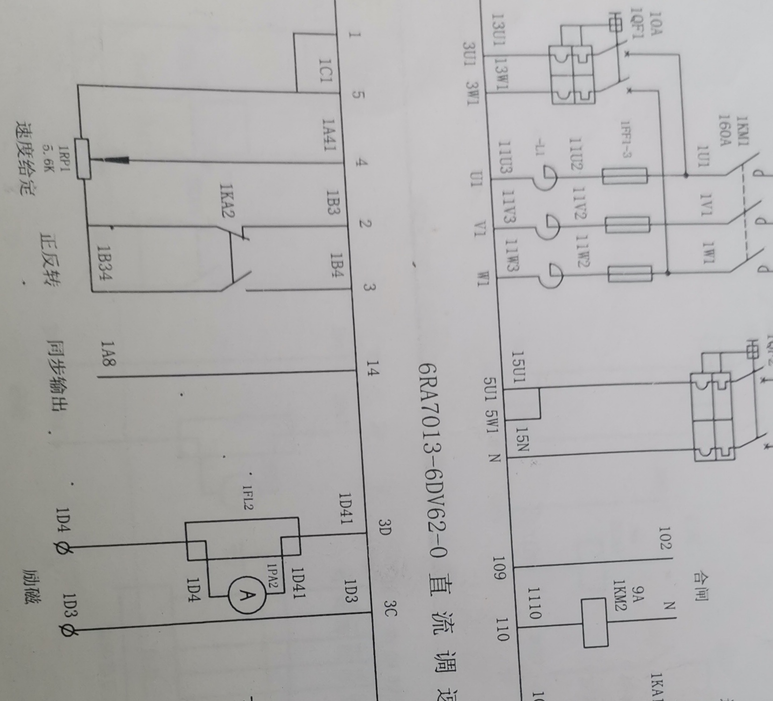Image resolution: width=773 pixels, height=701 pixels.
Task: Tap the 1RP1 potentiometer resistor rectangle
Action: [84, 159]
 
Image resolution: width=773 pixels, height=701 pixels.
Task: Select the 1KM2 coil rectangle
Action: [594, 623]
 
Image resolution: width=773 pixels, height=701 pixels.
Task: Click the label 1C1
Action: [324, 70]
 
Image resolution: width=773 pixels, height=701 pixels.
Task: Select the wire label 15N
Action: [522, 438]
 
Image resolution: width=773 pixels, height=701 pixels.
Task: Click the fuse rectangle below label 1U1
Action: [624, 177]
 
